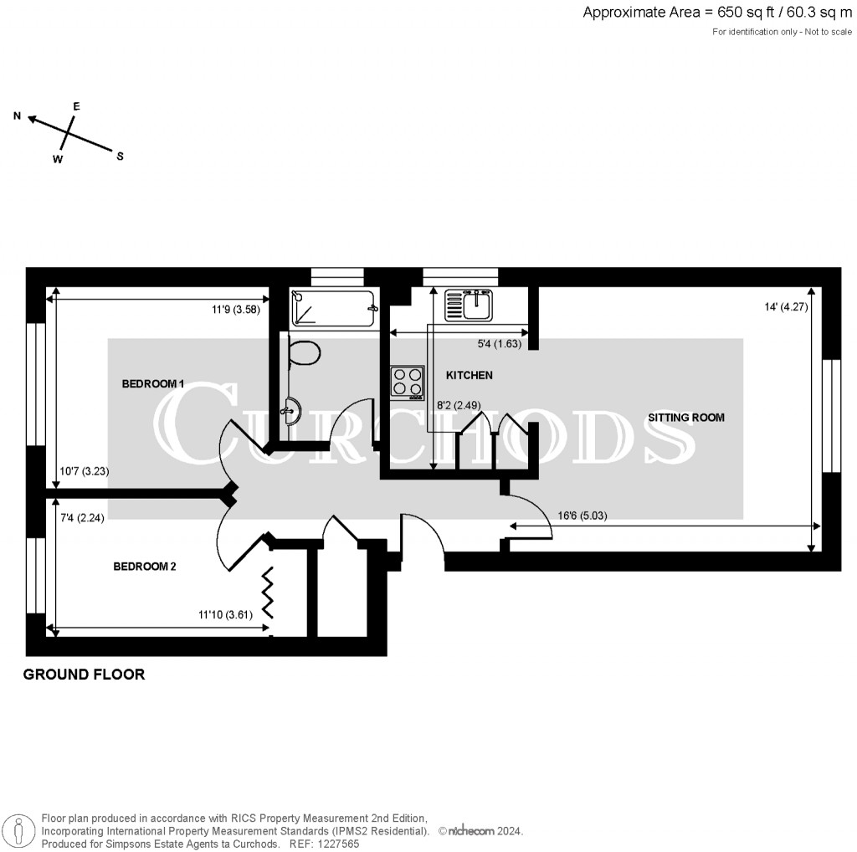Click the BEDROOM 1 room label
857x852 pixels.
tap(152, 384)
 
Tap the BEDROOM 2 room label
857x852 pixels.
tap(145, 567)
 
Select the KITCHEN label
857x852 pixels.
tap(469, 375)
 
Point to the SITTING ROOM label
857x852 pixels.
tap(685, 417)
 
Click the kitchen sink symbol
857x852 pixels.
tap(468, 305)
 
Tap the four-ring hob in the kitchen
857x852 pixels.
tap(407, 382)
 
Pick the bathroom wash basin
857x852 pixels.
tap(291, 411)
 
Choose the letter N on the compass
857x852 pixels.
tap(17, 116)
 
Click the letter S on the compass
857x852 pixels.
tap(120, 156)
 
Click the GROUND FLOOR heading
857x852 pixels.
tap(84, 675)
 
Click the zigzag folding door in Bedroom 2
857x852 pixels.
tap(270, 593)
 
